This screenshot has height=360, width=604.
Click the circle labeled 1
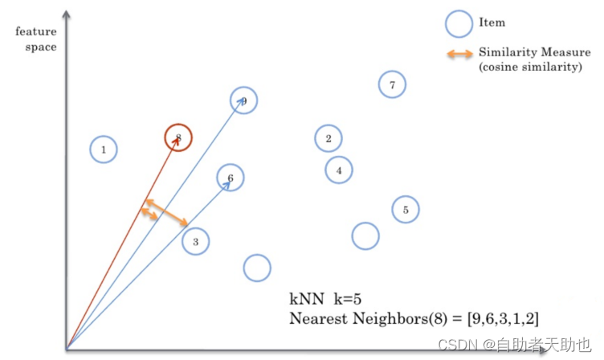coord(104,149)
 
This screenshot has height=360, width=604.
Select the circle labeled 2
coord(328,138)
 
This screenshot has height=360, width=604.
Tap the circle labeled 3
coord(195,240)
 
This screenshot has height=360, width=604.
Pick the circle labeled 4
coord(339,170)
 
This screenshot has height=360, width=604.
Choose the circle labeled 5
coord(406,210)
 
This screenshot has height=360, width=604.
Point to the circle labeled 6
coord(231,178)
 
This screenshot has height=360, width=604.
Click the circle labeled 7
coord(392,84)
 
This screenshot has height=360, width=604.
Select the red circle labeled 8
coord(178,138)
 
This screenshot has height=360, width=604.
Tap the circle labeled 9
coord(243,100)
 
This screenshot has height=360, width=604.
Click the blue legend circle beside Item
coord(459,23)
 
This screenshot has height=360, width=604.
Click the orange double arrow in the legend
coord(459,54)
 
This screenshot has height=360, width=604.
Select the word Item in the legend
coord(492,22)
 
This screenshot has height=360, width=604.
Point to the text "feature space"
coord(36,40)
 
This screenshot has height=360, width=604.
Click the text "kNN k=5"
coord(325,298)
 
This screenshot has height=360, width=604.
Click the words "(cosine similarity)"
coord(530,67)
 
